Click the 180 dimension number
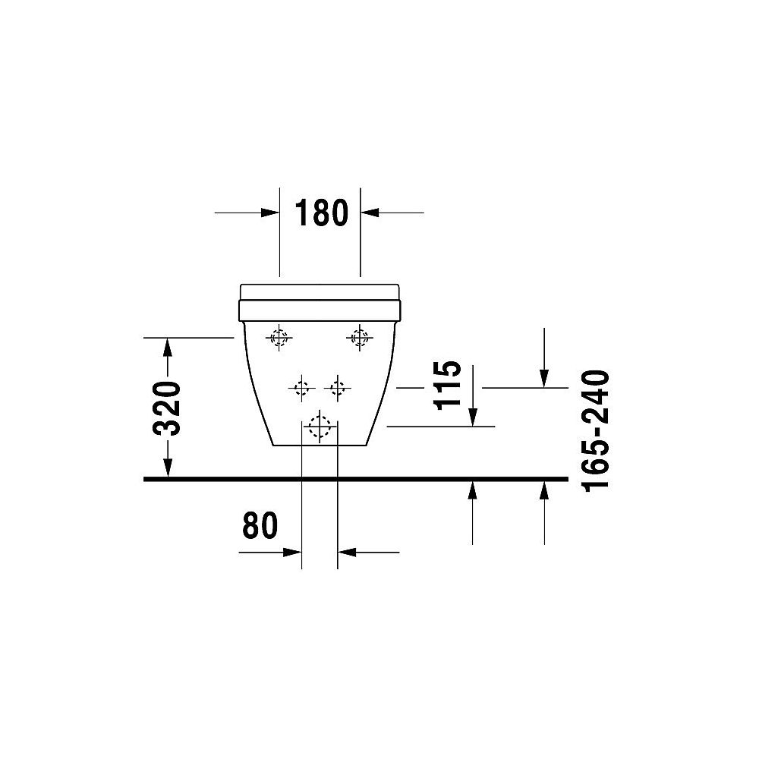pos(320,213)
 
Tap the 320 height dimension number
pos(167,408)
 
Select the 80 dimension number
pos(260,525)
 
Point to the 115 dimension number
pos(449,383)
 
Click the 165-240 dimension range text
pos(597,430)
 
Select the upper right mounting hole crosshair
pos(358,338)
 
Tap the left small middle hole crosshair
pos(301,389)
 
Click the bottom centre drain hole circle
pos(320,427)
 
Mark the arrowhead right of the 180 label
pos(370,213)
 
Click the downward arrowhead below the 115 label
pos(472,417)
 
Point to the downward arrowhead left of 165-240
pos(544,377)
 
